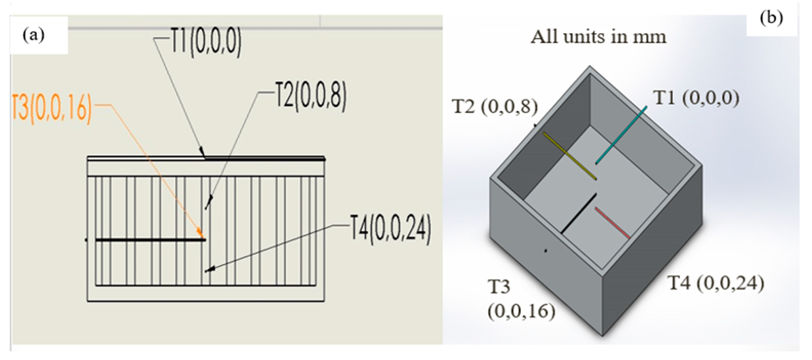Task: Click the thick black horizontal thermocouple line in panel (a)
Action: (x=150, y=240)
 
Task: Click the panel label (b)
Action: (x=771, y=18)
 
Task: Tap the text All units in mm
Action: (x=598, y=37)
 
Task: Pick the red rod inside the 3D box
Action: (x=612, y=222)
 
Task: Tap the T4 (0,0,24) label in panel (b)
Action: (x=716, y=283)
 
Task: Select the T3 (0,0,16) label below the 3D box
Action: (x=521, y=299)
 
